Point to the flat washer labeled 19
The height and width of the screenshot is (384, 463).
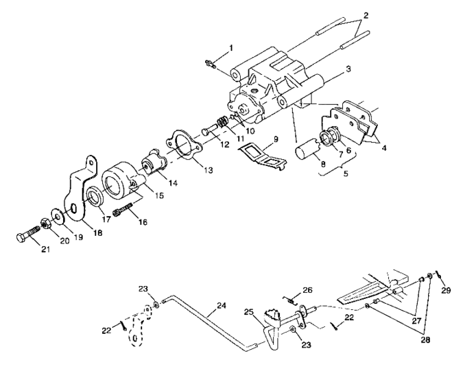pyautogui.click(x=54, y=215)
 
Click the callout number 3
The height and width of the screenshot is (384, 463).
pyautogui.click(x=349, y=69)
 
